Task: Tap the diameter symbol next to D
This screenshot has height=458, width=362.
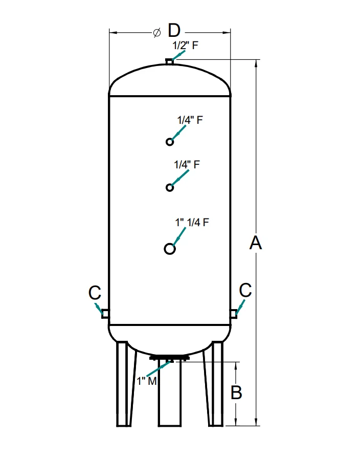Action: (157, 32)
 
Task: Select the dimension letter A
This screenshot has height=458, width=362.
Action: (256, 243)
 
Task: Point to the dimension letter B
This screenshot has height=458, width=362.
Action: (236, 392)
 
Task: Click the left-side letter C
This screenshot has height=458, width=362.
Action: (95, 293)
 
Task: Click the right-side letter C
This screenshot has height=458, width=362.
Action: (245, 290)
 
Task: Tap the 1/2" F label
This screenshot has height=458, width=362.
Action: (185, 45)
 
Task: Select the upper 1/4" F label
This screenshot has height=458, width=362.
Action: (190, 120)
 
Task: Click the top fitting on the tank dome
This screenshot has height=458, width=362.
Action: (170, 62)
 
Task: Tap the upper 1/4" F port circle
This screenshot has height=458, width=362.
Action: (170, 142)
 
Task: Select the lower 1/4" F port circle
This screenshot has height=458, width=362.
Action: (170, 188)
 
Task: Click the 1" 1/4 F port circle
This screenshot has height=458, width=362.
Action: (170, 249)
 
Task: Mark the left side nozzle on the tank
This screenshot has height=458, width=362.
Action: (105, 313)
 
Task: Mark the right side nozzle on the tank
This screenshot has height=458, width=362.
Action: (234, 312)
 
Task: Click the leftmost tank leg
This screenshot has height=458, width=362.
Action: (124, 384)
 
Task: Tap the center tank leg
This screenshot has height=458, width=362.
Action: (170, 394)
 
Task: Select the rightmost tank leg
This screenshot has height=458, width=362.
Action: (215, 384)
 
